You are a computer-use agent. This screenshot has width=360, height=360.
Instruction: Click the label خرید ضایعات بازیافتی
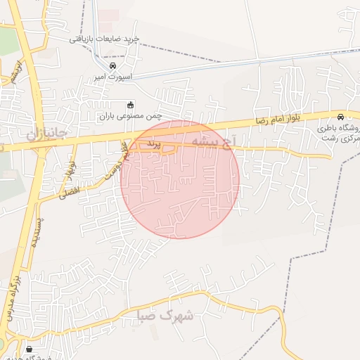pos(105,39)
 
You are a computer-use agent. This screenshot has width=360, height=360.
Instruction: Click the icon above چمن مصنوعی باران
pos(120,105)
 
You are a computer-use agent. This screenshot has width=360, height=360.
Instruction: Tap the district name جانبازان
pos(46,132)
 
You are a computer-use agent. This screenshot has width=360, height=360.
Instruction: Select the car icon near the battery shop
pos(341,117)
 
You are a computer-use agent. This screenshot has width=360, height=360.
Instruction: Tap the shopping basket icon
pos(29,349)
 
